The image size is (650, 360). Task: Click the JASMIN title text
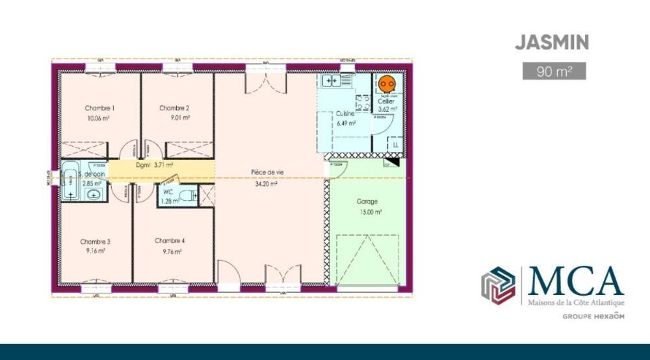point(552,43)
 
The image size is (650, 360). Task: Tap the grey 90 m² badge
point(554,70)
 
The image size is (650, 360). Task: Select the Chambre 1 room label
point(99,108)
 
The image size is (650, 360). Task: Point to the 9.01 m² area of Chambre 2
point(175,118)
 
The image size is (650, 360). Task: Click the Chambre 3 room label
point(95,241)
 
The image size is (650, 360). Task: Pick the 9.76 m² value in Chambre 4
point(169,251)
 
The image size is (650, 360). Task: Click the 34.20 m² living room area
point(265,183)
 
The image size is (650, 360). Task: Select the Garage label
point(367,201)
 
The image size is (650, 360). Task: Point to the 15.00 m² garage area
point(368,212)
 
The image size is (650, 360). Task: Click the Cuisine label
point(344,114)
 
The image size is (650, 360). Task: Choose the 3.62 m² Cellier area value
point(387,109)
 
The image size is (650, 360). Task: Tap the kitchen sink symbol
point(331,81)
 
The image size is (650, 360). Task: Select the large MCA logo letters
point(576,281)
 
